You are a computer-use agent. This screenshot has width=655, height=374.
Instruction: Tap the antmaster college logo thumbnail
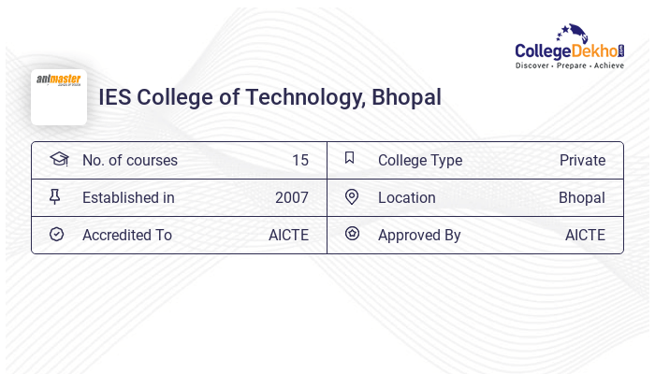59,96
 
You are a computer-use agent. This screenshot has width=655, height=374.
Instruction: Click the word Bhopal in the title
406,96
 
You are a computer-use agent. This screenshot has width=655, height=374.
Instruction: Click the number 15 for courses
299,160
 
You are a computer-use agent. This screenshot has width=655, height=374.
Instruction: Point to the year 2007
291,197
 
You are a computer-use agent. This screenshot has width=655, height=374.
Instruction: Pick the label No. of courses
129,160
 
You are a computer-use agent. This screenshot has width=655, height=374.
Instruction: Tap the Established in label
128,197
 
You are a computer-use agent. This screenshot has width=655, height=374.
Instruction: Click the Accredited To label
127,235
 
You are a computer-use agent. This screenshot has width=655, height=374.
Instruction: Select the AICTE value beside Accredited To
288,235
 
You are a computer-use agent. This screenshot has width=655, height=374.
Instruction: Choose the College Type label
420,160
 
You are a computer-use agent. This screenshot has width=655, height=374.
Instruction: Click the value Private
582,160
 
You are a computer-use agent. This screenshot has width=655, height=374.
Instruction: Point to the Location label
407,197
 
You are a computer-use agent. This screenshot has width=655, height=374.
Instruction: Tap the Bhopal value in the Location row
582,197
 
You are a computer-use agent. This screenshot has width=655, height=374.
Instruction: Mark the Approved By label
419,235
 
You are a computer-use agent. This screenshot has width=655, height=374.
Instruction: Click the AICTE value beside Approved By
585,235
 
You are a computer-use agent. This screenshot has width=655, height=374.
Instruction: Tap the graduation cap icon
59,159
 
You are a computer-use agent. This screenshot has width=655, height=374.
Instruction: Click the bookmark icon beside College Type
350,158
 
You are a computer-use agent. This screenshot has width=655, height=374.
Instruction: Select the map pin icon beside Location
352,196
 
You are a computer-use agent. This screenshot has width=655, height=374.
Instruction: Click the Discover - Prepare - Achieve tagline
569,65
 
